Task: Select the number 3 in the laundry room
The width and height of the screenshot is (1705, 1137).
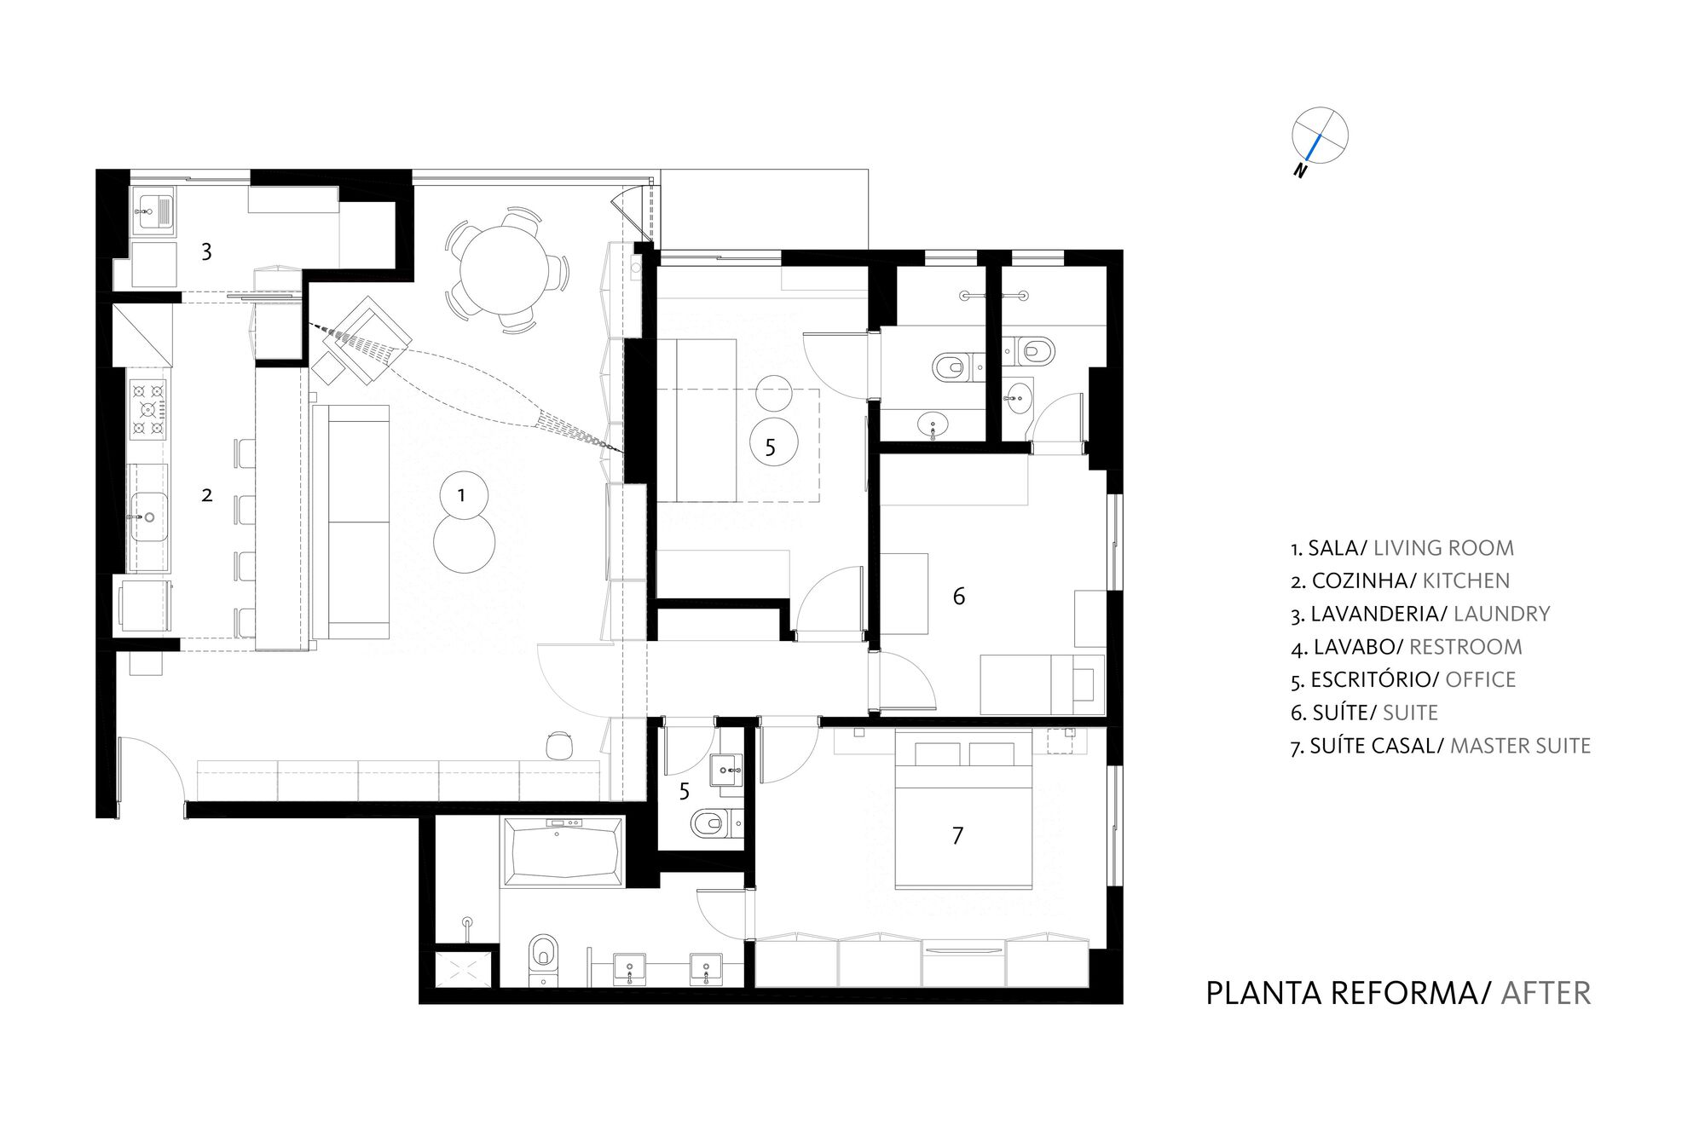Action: pyautogui.click(x=206, y=251)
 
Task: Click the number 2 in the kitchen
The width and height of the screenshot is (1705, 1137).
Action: pyautogui.click(x=206, y=495)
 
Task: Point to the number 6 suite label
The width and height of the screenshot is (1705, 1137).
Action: pyautogui.click(x=959, y=596)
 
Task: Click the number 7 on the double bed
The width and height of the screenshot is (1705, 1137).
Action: pyautogui.click(x=957, y=835)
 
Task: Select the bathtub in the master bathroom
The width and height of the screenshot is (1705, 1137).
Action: pyautogui.click(x=563, y=852)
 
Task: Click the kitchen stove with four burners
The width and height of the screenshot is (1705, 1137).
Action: pyautogui.click(x=147, y=409)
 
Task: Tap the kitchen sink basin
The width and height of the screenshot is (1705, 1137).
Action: pyautogui.click(x=148, y=517)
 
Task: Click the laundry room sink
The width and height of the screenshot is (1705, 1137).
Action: pyautogui.click(x=154, y=211)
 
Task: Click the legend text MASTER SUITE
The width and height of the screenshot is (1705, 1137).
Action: pyautogui.click(x=1520, y=746)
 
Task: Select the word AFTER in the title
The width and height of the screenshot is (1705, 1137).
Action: pyautogui.click(x=1546, y=993)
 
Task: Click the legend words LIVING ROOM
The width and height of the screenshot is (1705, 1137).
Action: pyautogui.click(x=1443, y=548)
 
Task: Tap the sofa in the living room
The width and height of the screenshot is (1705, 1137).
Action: pyautogui.click(x=350, y=522)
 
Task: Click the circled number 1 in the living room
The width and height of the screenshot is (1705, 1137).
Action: pyautogui.click(x=462, y=495)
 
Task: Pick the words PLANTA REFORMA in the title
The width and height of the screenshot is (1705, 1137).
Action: pyautogui.click(x=1348, y=993)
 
